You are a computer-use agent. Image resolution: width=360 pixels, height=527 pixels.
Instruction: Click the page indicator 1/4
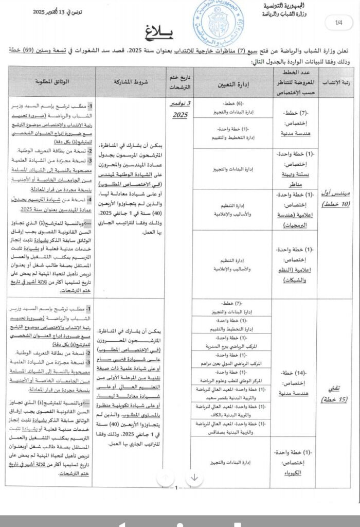tap(339, 23)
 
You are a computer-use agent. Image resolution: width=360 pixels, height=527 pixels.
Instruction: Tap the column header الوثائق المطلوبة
tap(50, 82)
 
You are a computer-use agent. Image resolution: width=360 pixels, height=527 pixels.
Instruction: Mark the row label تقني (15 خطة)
tap(337, 392)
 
